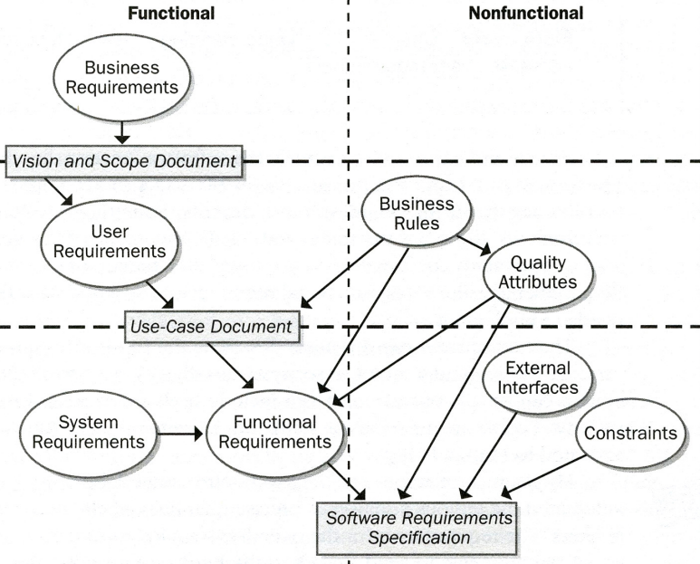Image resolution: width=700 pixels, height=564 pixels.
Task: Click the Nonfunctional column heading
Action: pyautogui.click(x=525, y=14)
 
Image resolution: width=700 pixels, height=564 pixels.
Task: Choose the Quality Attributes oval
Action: pyautogui.click(x=537, y=272)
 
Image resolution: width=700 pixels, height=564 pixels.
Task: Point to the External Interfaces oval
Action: pyautogui.click(x=538, y=378)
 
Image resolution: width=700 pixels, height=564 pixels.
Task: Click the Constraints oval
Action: pyautogui.click(x=630, y=434)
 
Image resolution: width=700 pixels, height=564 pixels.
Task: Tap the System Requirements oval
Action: pyautogui.click(x=82, y=432)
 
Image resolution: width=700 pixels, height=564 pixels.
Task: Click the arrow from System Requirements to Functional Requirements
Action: pyautogui.click(x=180, y=434)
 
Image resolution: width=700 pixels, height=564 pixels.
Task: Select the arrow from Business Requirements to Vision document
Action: pyautogui.click(x=121, y=132)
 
